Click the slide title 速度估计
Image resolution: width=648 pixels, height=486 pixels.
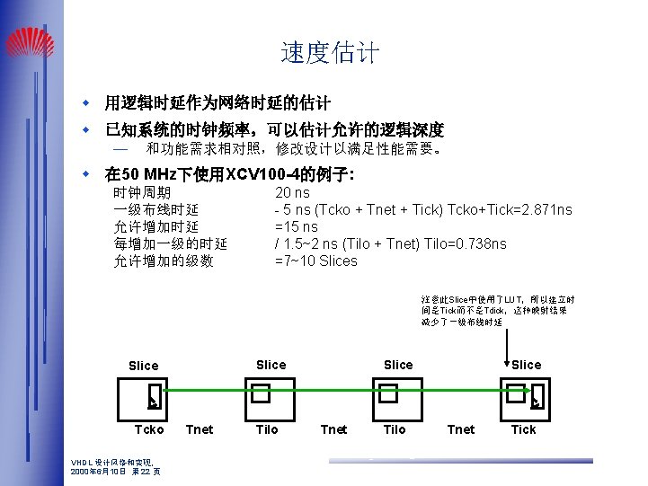330,53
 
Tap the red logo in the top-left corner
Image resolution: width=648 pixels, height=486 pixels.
30,41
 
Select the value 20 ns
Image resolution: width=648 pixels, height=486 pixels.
292,193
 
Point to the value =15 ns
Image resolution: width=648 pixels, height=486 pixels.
296,227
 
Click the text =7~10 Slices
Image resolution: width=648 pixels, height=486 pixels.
315,261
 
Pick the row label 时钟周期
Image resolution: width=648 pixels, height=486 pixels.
142,193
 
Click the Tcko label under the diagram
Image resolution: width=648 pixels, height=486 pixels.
149,429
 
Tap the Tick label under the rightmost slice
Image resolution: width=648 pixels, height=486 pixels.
523,429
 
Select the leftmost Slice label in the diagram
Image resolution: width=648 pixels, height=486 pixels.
144,366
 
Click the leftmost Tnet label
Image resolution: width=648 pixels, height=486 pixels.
199,429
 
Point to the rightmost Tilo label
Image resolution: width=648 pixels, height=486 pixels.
395,429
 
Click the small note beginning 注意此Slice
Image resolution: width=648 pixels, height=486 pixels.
498,310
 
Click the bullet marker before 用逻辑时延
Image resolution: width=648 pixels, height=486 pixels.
87,102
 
